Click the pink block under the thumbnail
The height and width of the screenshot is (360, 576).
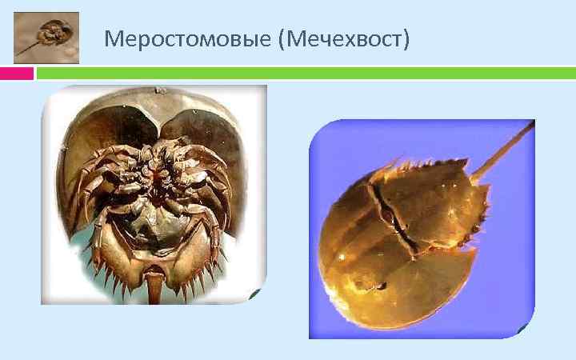(16, 74)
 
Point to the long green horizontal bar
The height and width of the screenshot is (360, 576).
(304, 74)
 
